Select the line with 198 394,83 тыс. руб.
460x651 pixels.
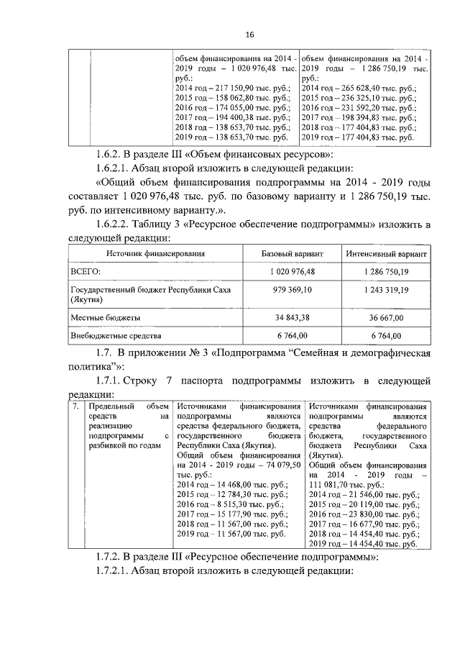coord(357,116)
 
